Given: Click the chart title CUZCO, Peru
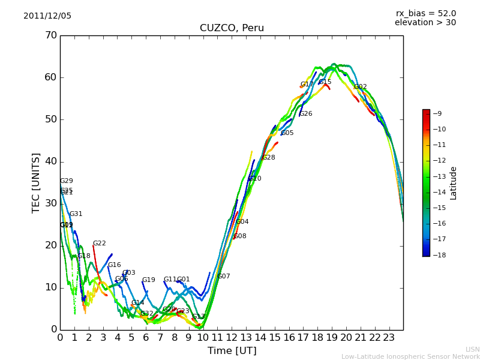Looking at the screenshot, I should [232, 28].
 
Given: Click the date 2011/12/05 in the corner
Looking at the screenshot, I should [47, 16].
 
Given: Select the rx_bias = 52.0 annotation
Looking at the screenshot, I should [425, 13].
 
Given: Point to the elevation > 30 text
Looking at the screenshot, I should [425, 23].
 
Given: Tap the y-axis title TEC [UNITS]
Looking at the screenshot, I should [36, 182].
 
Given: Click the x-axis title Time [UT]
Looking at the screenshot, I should [232, 351].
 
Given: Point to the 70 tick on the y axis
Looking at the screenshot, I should [50, 35].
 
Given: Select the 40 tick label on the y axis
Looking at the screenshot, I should [50, 161].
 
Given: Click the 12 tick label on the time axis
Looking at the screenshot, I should [232, 338].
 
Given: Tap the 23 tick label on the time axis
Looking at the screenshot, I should [389, 338].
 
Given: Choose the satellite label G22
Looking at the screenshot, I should [99, 244].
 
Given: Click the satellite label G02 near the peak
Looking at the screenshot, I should [360, 87].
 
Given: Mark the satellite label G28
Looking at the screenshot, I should [269, 158].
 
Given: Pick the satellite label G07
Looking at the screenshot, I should [224, 277].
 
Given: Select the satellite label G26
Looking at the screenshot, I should [306, 114].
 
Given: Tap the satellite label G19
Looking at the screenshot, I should [148, 280].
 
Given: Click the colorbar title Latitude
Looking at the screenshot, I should [454, 183].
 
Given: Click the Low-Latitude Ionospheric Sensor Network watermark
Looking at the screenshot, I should [410, 356].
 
